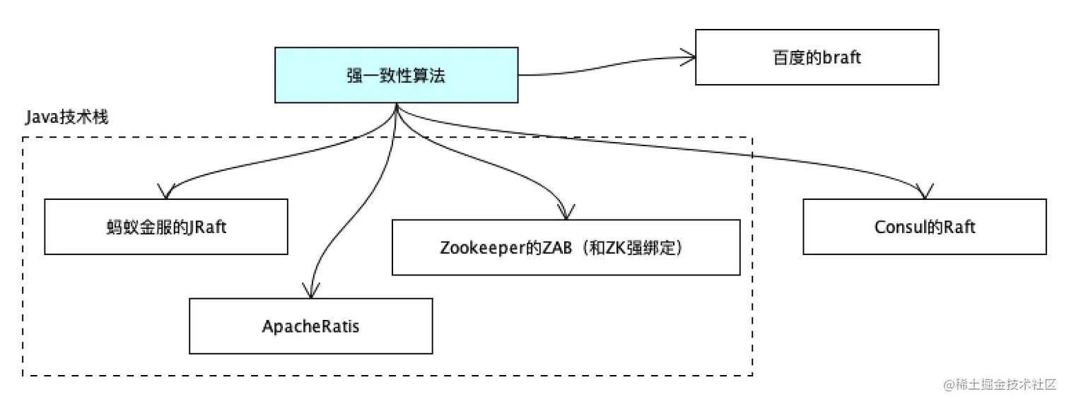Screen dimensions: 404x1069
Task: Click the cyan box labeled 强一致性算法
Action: click(x=396, y=75)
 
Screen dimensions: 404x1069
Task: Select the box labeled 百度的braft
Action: click(x=817, y=57)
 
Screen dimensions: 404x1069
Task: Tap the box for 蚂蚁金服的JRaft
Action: click(x=165, y=227)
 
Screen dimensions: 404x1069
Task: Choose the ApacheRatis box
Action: click(x=310, y=326)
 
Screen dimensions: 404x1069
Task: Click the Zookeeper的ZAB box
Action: click(x=566, y=247)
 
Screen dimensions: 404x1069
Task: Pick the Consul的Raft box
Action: click(x=924, y=227)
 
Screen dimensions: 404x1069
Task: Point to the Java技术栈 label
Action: click(x=66, y=117)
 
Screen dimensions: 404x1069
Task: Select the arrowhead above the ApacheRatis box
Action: click(x=309, y=291)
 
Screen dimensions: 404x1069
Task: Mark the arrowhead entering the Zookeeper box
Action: click(x=564, y=211)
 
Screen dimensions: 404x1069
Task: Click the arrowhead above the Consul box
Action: click(x=925, y=191)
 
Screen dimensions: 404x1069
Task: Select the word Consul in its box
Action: click(x=898, y=227)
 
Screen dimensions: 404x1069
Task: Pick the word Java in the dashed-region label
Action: click(x=40, y=117)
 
